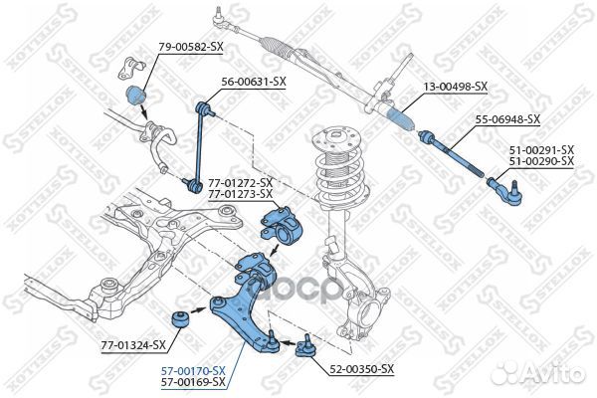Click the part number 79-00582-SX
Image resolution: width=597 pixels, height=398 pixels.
coord(191,46)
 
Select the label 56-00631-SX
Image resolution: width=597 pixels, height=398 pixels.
coord(254,82)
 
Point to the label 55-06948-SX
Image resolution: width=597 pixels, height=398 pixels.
coord(506,119)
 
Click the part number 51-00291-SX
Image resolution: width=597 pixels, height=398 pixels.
coord(541,149)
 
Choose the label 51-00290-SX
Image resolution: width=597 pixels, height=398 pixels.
coord(541,160)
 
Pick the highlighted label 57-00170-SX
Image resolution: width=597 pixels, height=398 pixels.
coord(192,370)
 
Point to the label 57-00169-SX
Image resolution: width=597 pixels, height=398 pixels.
coord(192,381)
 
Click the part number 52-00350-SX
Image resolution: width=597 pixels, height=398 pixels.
coord(362,369)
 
